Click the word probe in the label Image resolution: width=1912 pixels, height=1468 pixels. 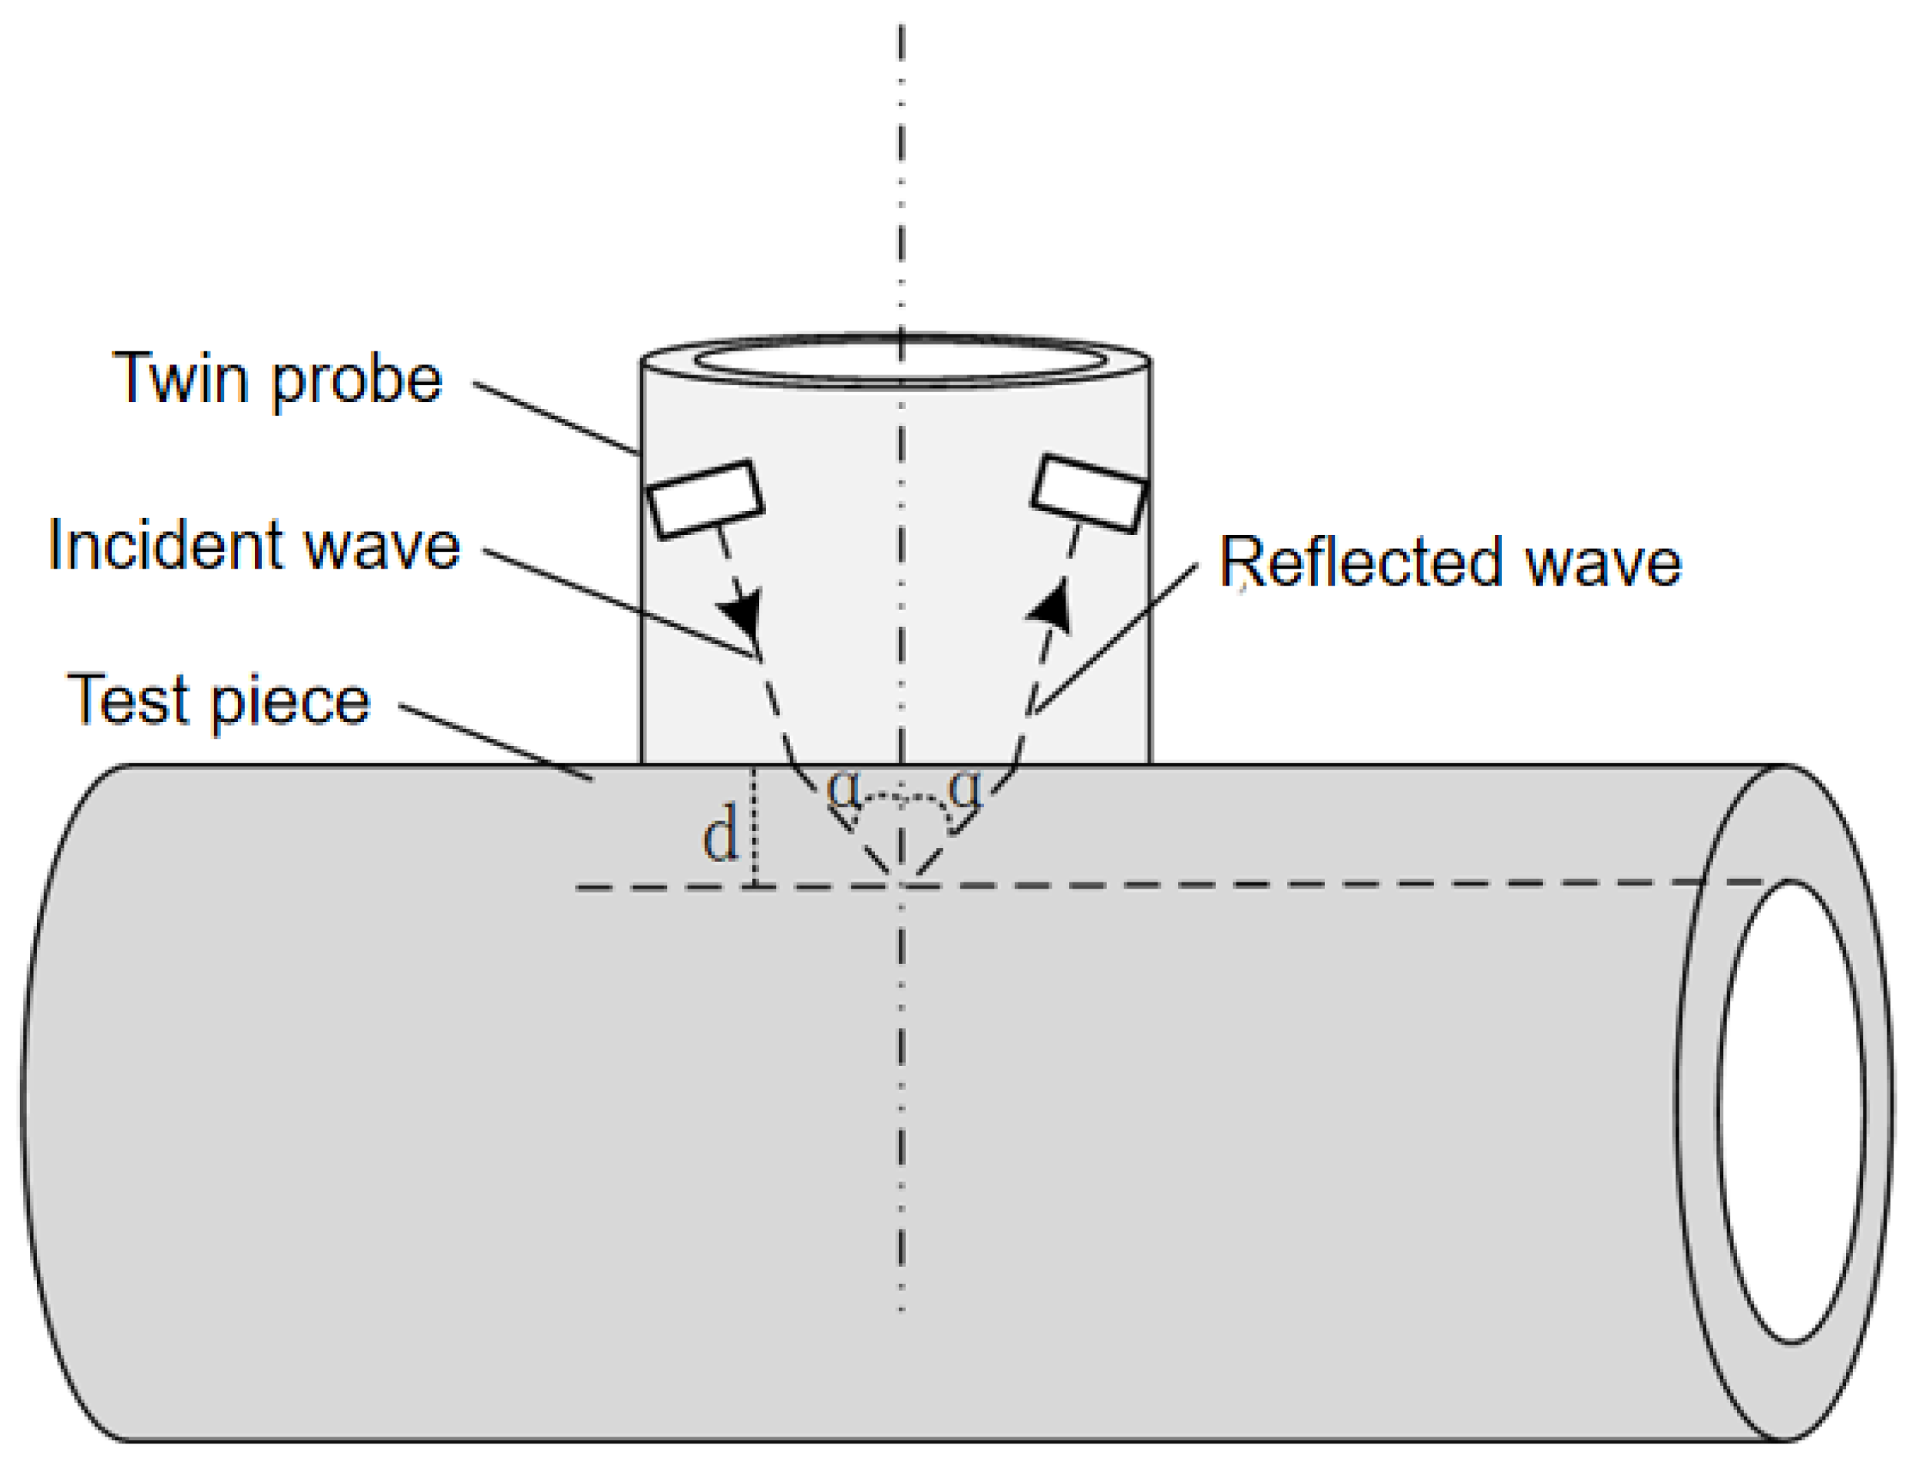[x=357, y=382]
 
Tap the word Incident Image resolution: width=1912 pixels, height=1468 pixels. [x=163, y=546]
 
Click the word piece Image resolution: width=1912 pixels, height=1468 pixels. [x=290, y=704]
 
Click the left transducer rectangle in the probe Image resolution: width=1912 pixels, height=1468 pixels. [x=705, y=498]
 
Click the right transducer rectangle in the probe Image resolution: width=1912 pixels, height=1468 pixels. [x=1089, y=493]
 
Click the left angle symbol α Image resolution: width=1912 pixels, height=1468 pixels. [x=842, y=787]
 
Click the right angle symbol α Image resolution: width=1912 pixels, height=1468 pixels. [x=965, y=787]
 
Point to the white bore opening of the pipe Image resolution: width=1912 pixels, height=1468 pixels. [x=1791, y=1110]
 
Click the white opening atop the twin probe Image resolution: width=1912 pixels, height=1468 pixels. [x=900, y=360]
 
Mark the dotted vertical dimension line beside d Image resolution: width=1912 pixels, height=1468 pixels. [x=755, y=826]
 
